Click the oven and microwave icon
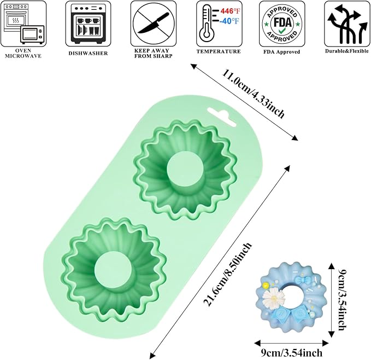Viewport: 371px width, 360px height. (23, 24)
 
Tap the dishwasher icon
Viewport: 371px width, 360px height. (88, 24)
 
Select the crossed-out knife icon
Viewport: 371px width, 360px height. (154, 24)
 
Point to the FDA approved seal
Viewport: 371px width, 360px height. (282, 24)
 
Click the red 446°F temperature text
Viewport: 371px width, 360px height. (230, 11)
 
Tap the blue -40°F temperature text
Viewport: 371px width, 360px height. (229, 21)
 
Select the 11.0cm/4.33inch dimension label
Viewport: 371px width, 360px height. (253, 94)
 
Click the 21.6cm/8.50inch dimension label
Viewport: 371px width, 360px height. (227, 274)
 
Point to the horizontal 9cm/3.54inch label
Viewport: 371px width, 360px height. (292, 353)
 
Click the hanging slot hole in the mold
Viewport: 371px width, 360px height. (221, 117)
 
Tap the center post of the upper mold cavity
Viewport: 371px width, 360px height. (185, 171)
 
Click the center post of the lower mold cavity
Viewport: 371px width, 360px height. (113, 271)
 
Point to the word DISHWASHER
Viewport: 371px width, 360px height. (89, 53)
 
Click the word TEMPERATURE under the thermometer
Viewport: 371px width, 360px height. (219, 51)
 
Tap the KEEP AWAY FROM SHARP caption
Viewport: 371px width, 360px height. (154, 53)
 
